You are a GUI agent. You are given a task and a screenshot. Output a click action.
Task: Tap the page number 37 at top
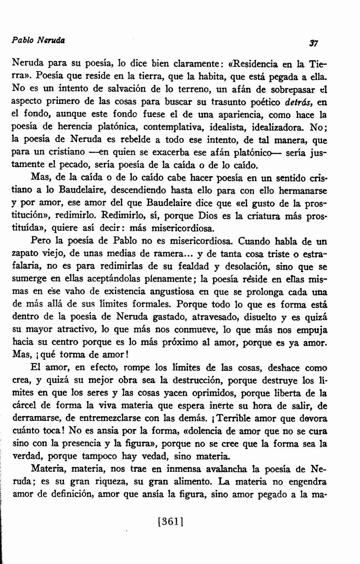[313, 43]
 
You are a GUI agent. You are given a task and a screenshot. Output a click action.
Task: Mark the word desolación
[229, 266]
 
